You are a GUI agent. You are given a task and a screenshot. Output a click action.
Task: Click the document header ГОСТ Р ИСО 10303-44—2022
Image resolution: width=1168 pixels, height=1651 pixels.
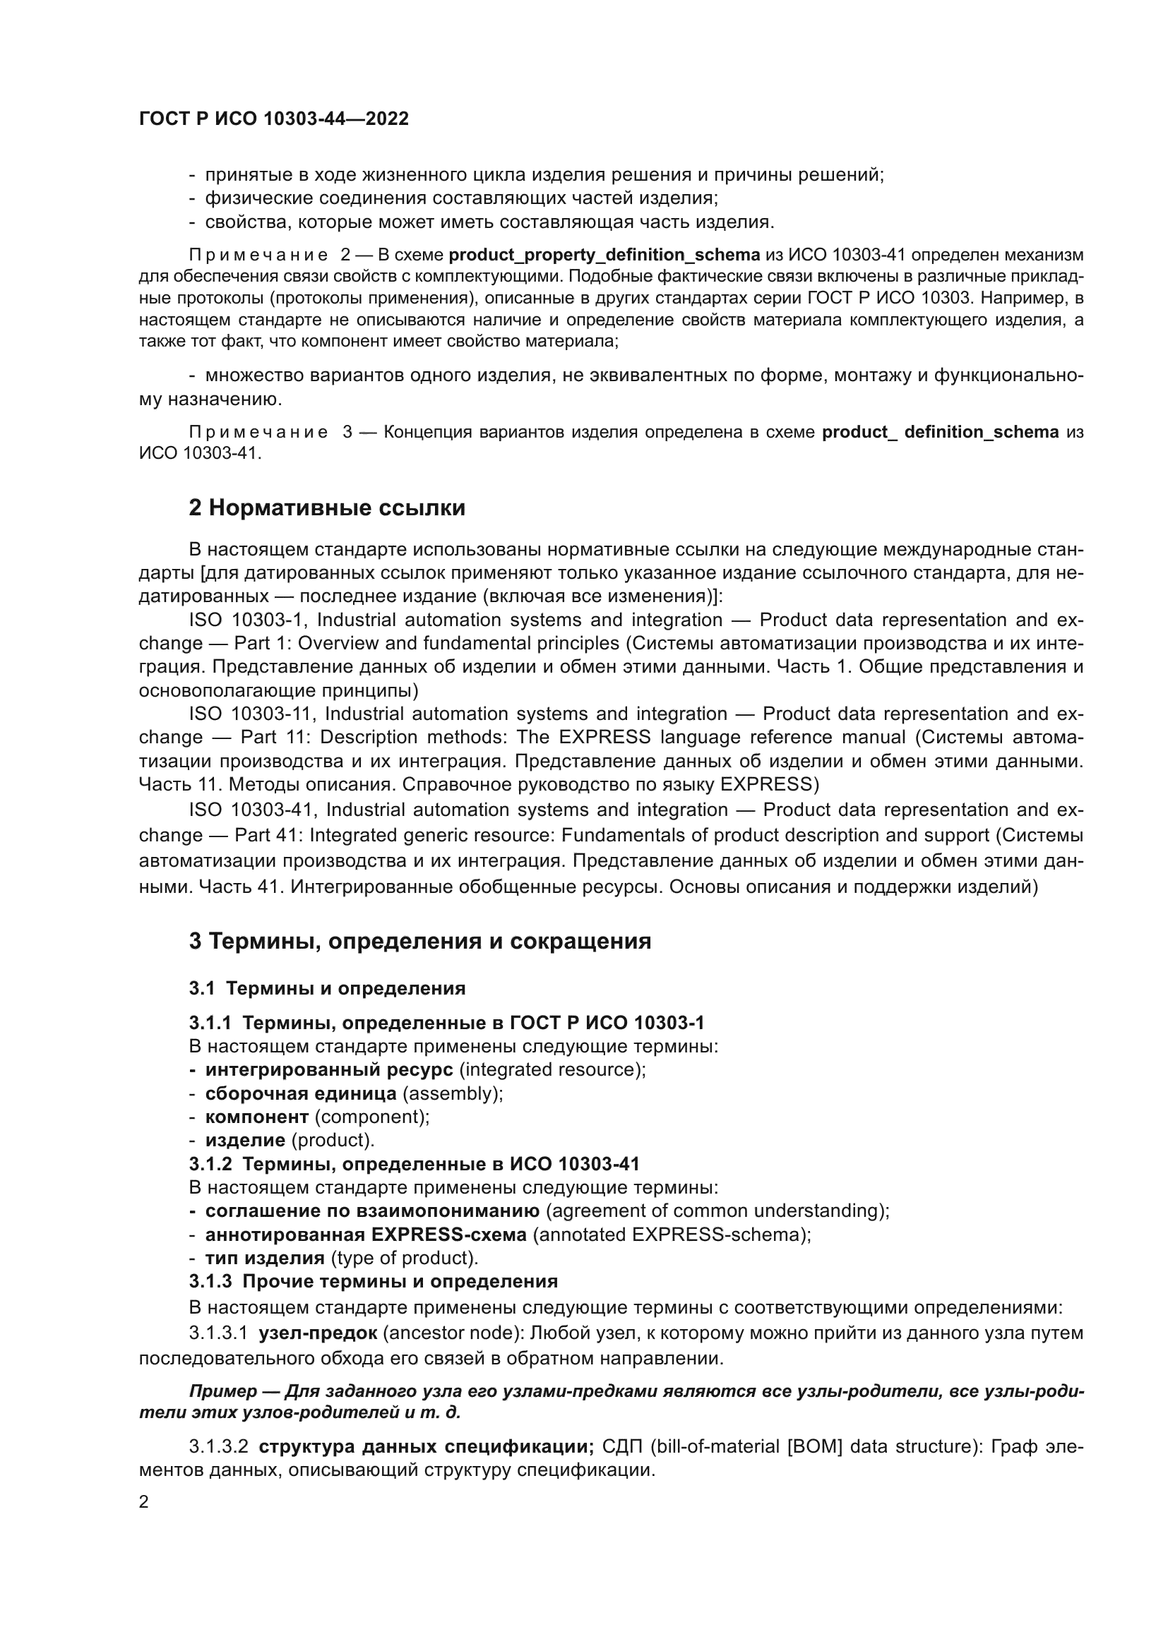pyautogui.click(x=273, y=119)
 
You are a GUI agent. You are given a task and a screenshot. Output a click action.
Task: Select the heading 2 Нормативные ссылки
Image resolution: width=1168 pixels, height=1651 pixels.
pyautogui.click(x=326, y=508)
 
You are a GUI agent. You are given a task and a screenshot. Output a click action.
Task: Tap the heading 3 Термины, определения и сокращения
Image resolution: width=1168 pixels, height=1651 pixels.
pyautogui.click(x=419, y=942)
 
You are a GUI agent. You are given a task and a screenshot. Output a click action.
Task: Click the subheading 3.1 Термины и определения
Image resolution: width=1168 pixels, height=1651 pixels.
pyautogui.click(x=327, y=988)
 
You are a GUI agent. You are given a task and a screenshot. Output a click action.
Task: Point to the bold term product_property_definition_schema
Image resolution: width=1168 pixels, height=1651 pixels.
pyautogui.click(x=604, y=255)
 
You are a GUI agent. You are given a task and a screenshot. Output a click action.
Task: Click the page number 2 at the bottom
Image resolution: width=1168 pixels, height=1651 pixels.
pyautogui.click(x=144, y=1502)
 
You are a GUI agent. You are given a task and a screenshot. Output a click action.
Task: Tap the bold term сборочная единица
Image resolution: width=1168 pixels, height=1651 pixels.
pyautogui.click(x=301, y=1093)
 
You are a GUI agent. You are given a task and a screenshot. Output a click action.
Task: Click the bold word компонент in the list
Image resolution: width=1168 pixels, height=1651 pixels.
pyautogui.click(x=257, y=1117)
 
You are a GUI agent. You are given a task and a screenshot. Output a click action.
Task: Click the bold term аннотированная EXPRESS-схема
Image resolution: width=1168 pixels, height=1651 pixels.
pyautogui.click(x=365, y=1235)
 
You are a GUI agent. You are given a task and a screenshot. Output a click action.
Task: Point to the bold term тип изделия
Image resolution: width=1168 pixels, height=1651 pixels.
pyautogui.click(x=265, y=1258)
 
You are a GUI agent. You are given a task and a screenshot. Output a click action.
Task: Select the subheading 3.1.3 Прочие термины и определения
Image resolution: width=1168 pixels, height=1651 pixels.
pyautogui.click(x=374, y=1281)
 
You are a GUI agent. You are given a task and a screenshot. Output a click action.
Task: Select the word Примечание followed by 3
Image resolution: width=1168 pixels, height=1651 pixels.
pyautogui.click(x=259, y=432)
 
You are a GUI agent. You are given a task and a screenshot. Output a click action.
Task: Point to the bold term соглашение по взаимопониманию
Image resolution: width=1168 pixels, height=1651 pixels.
pyautogui.click(x=372, y=1211)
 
